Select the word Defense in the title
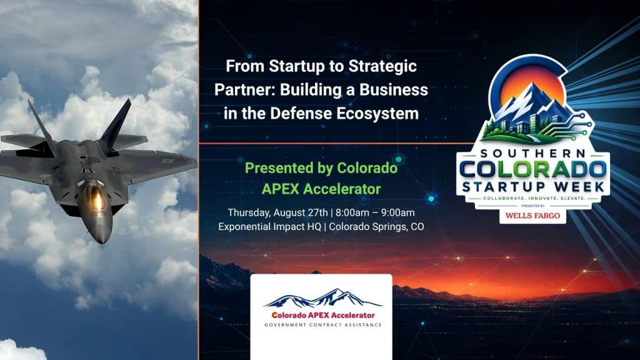coord(300,114)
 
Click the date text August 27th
coord(301,212)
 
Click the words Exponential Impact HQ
coord(270,226)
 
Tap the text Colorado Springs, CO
coord(376,226)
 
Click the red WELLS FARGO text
coord(532,216)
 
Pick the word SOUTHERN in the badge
coord(533,154)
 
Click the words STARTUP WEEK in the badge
coord(533,187)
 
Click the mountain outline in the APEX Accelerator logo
coord(323,298)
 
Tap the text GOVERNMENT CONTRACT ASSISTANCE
coord(323,325)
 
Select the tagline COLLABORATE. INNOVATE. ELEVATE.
coord(534,198)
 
